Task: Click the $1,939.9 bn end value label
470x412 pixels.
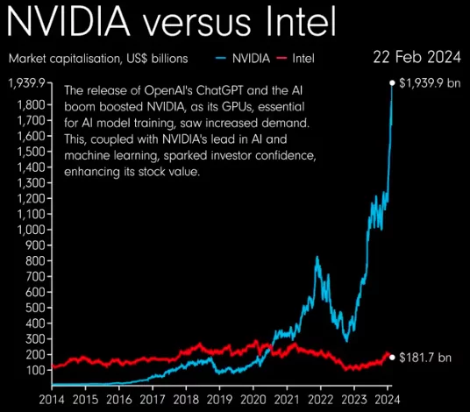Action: [x=430, y=83]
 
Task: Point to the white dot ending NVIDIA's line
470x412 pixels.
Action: [x=392, y=83]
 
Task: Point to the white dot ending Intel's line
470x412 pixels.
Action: [x=392, y=357]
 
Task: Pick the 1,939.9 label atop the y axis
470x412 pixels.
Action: [x=25, y=83]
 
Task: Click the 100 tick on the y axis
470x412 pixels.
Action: [x=32, y=370]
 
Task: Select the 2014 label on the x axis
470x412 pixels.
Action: [x=52, y=399]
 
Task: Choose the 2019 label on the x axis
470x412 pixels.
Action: [x=220, y=399]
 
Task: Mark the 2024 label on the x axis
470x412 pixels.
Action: [x=387, y=399]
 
